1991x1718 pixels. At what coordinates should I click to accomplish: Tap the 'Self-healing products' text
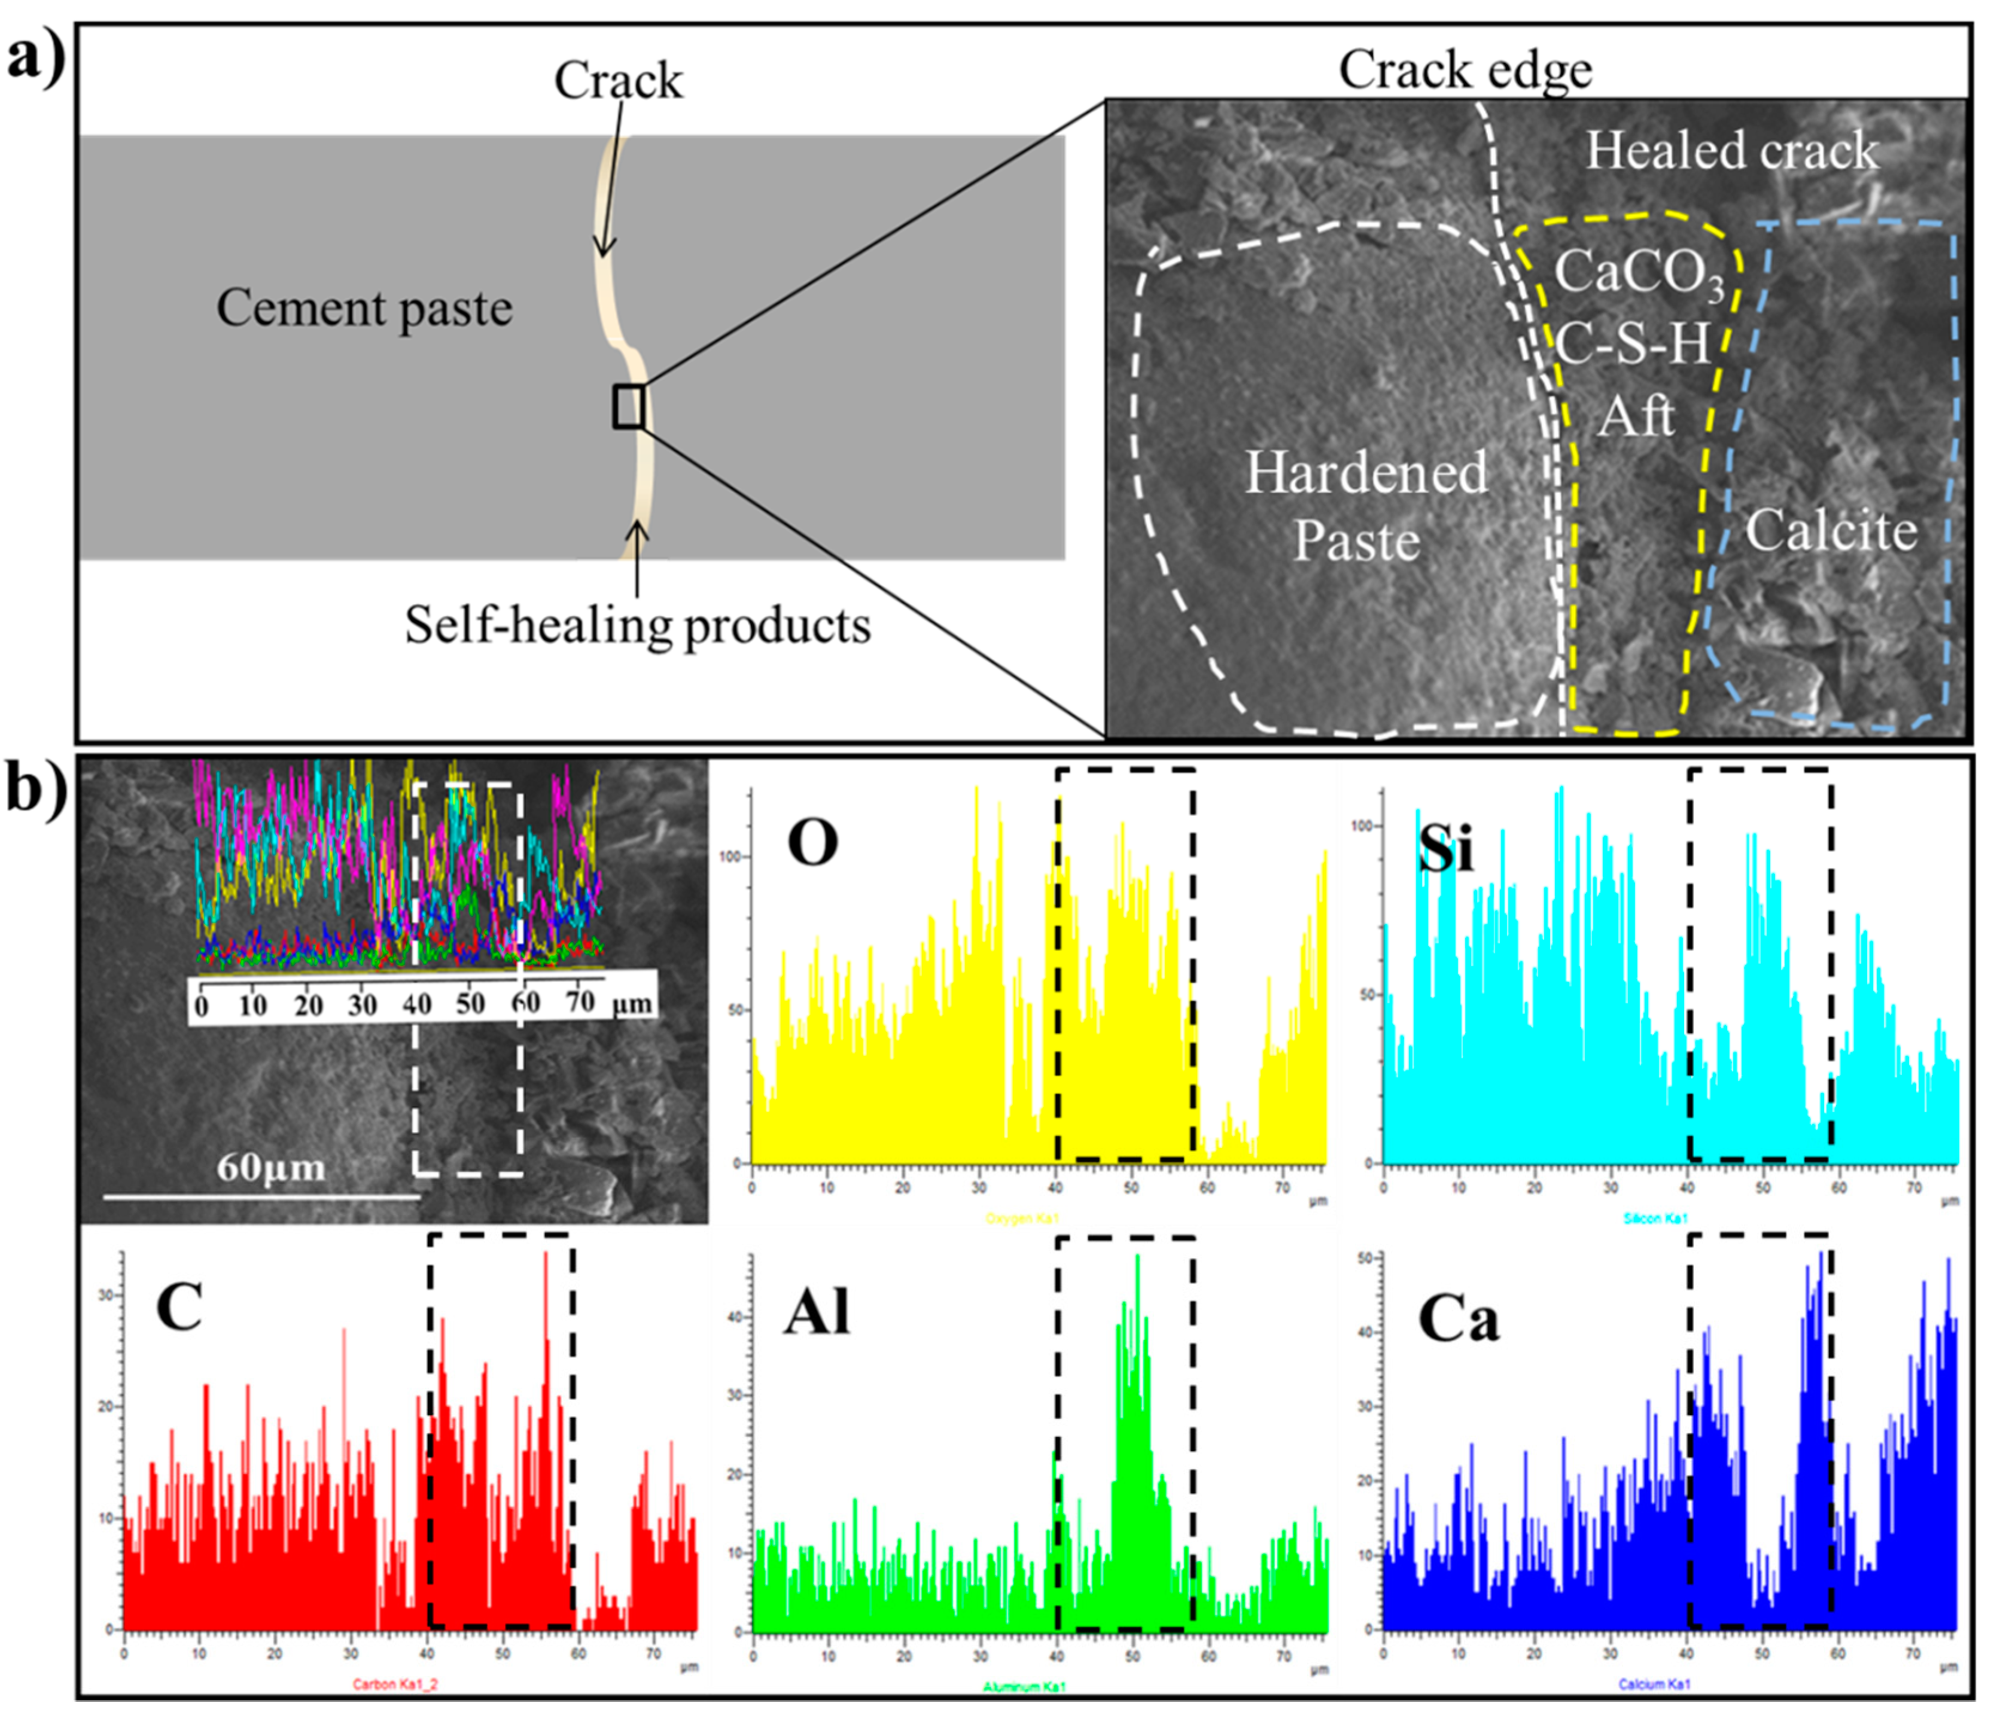pyautogui.click(x=637, y=626)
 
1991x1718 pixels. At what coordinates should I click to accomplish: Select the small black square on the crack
pyautogui.click(x=628, y=406)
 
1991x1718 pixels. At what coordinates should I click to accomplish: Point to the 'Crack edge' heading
pyautogui.click(x=1465, y=70)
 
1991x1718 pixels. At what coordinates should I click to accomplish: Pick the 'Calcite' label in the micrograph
pyautogui.click(x=1831, y=531)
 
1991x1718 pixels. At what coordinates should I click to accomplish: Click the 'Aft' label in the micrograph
pyautogui.click(x=1636, y=415)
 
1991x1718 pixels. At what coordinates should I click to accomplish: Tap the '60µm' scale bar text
pyautogui.click(x=271, y=1168)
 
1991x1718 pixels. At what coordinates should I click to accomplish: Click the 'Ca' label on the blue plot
pyautogui.click(x=1458, y=1319)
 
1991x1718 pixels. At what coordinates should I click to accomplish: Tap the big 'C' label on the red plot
pyautogui.click(x=179, y=1307)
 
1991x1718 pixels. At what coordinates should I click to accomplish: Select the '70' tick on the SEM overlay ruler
pyautogui.click(x=580, y=1001)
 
